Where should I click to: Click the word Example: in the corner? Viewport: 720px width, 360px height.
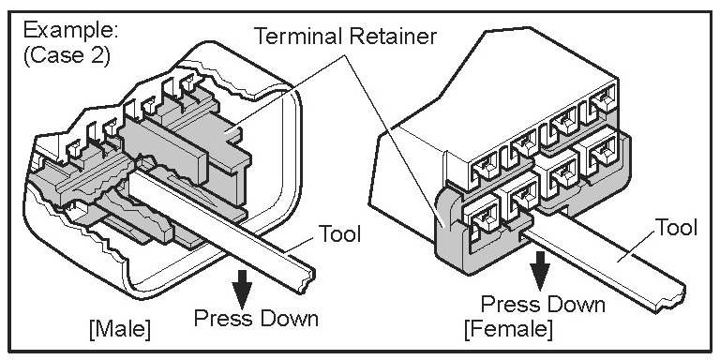70,31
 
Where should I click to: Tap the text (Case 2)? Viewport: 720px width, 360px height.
67,56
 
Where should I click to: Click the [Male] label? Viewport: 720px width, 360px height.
120,329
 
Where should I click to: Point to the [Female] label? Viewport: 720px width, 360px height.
508,329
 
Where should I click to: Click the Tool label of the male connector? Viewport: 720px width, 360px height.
339,233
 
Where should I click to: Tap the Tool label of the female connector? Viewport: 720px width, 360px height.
675,228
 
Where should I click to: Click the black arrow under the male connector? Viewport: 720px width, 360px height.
242,290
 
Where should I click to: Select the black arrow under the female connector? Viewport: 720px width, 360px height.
540,270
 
